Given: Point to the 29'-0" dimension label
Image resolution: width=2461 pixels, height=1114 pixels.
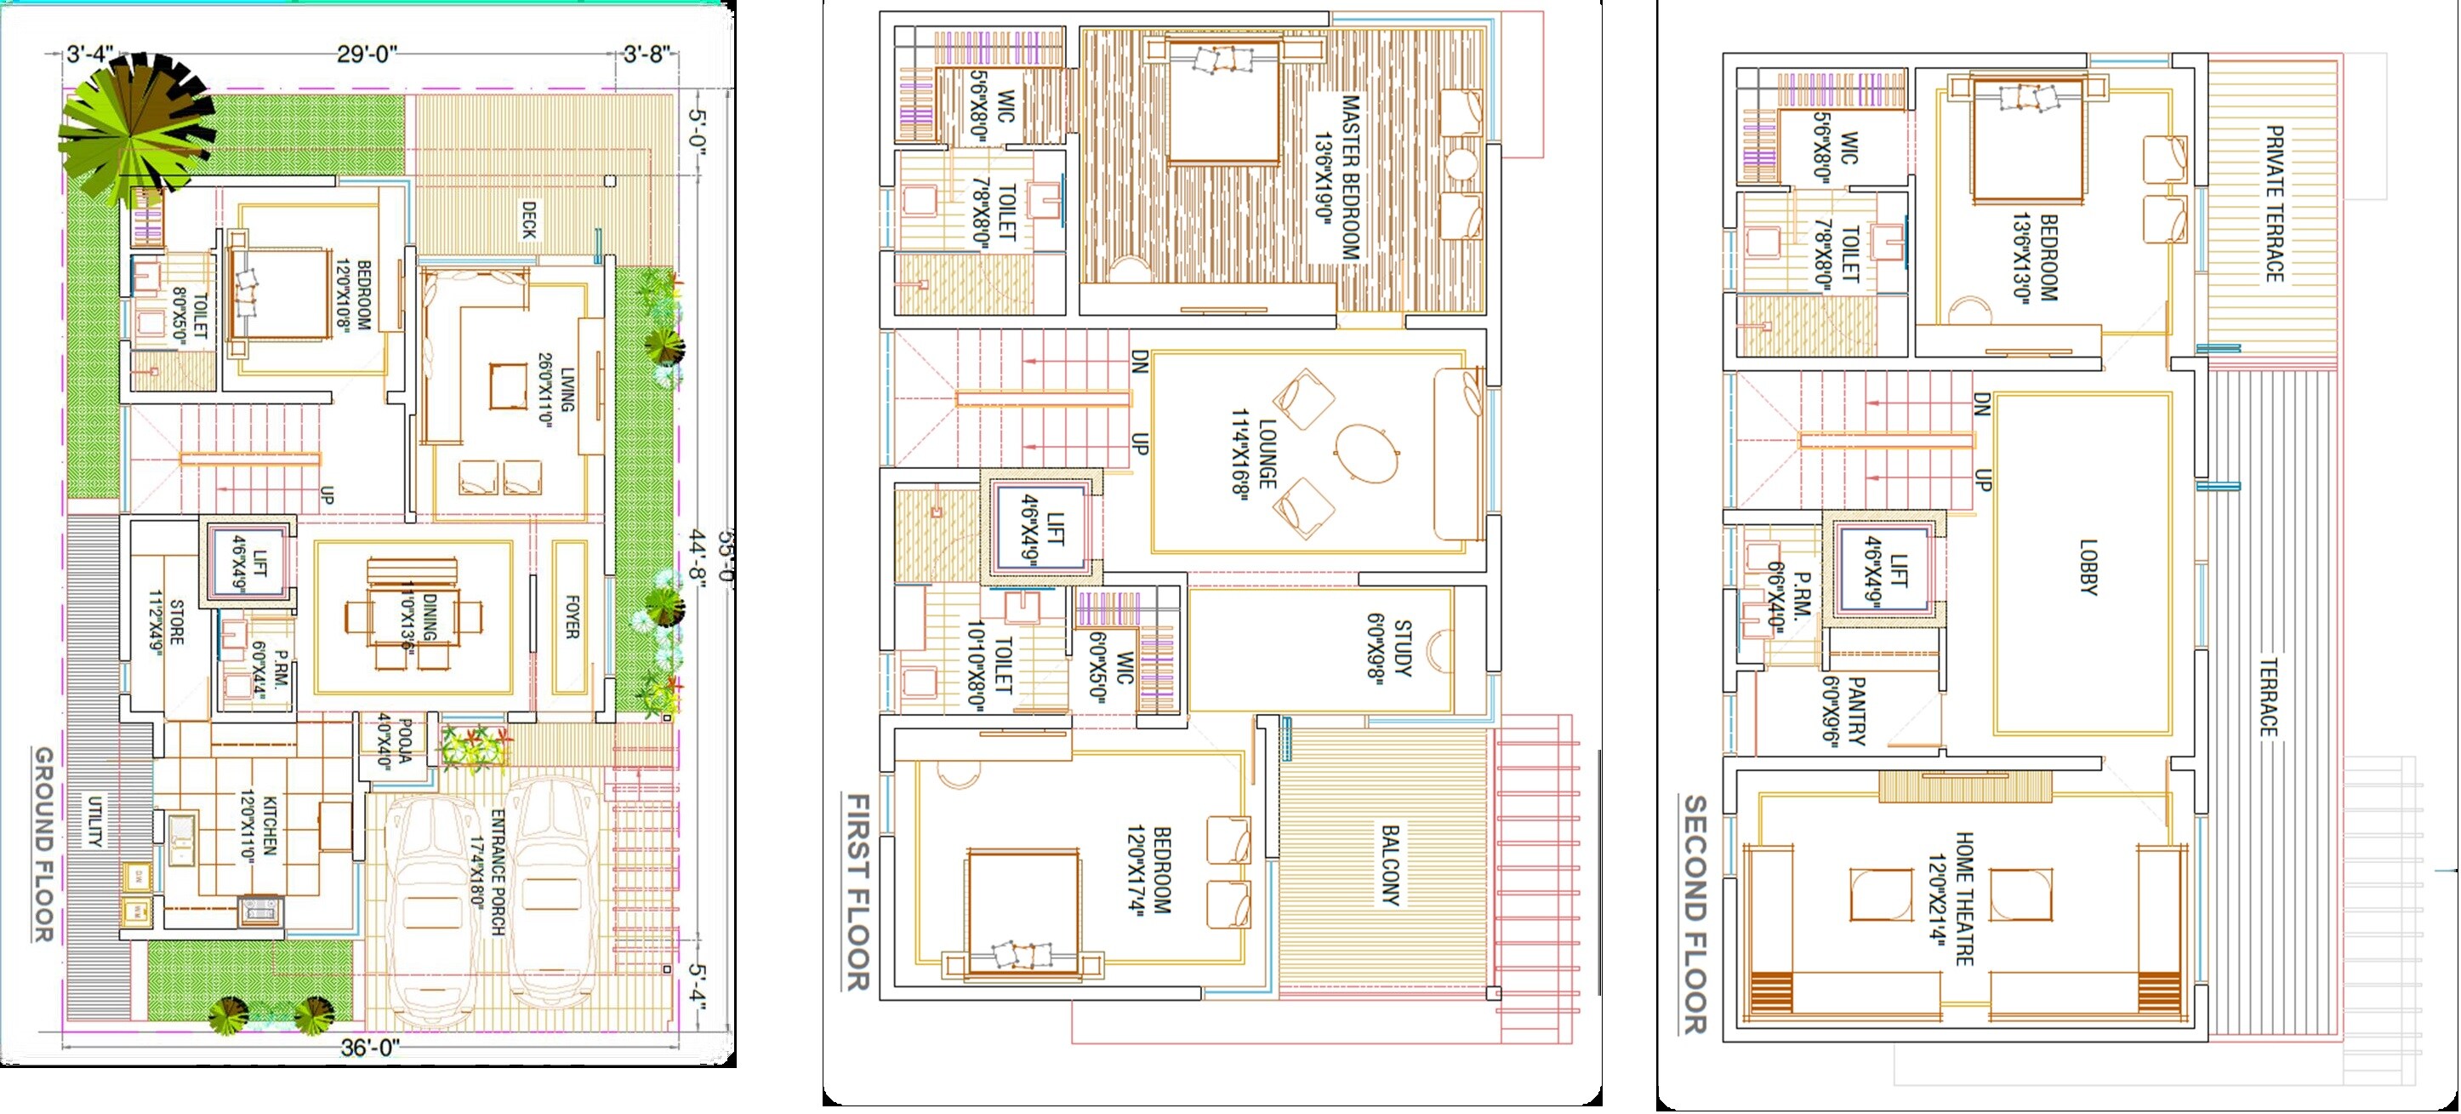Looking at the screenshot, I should (x=366, y=54).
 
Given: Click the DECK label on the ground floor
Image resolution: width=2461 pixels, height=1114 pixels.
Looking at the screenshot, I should (x=528, y=220).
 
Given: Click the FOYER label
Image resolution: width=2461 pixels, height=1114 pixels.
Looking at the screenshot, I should (x=572, y=617).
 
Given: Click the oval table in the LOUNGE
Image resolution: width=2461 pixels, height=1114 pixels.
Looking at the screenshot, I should (x=1364, y=453).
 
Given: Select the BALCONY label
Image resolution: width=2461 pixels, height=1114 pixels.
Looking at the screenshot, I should (x=1390, y=865).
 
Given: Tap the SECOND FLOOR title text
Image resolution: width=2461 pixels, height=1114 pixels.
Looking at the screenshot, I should (x=1693, y=914).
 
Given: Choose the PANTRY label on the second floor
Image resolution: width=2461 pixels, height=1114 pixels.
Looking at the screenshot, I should (x=1845, y=711).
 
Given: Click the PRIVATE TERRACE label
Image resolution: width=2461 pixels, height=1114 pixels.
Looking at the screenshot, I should (x=2275, y=203).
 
